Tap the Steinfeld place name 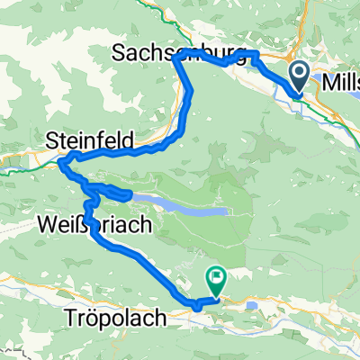(x=90, y=140)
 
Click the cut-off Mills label (x=340, y=82)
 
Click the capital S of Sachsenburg (x=119, y=54)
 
